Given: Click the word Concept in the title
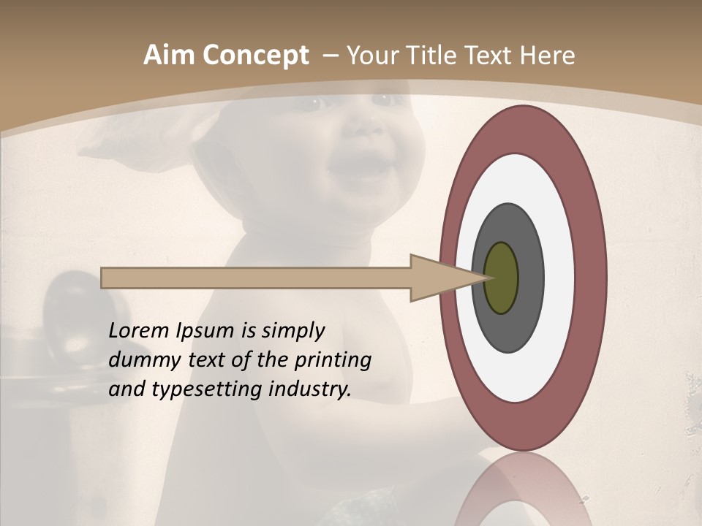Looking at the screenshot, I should (x=256, y=56).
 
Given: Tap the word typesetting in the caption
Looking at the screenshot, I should (x=201, y=389).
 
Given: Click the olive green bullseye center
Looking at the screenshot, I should (x=501, y=278).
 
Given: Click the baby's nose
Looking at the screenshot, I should (x=363, y=128).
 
